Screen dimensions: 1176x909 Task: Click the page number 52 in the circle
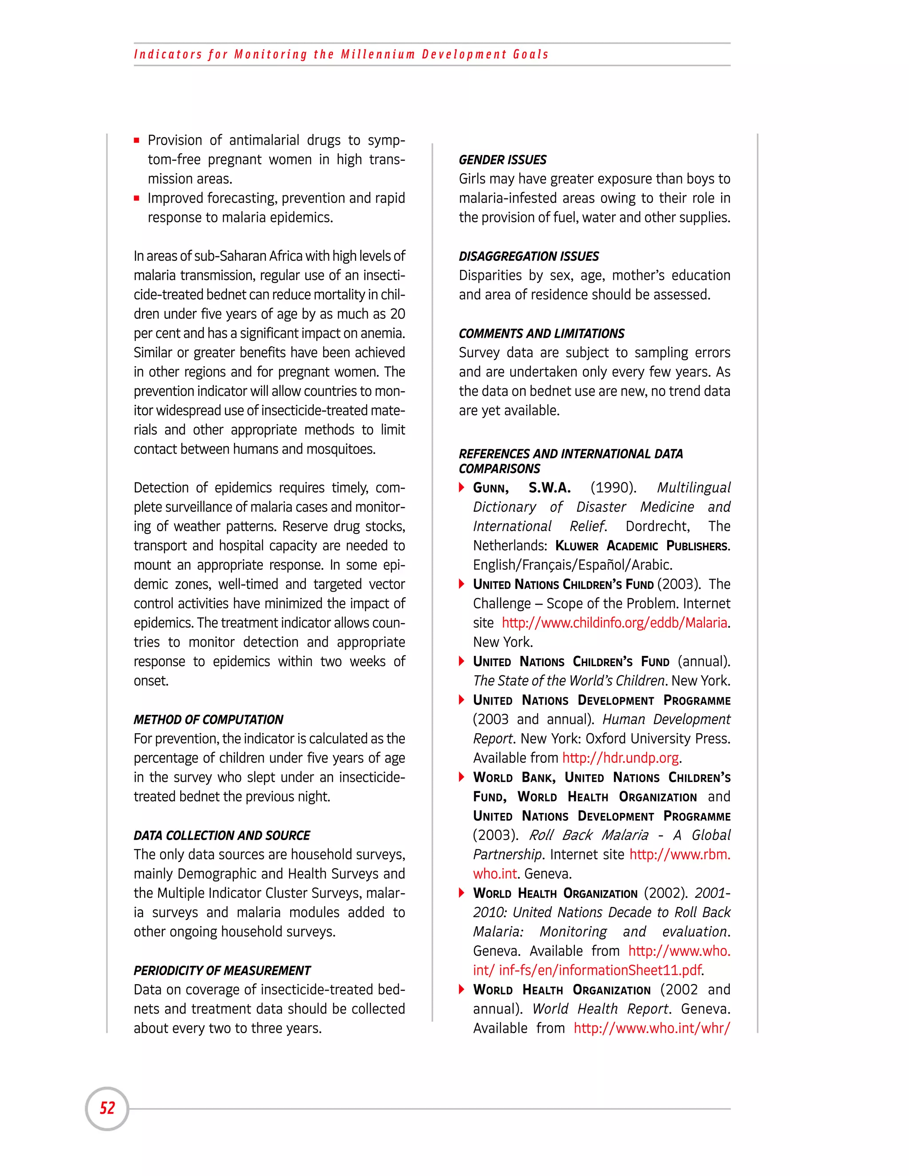[x=107, y=1108]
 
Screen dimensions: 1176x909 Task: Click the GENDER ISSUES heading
[x=502, y=160]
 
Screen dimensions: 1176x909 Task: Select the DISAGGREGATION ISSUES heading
[x=528, y=257]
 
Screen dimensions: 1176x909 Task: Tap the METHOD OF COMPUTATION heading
[x=209, y=719]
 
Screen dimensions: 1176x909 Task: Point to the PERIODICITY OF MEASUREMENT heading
[x=222, y=970]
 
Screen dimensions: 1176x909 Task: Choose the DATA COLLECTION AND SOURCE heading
[x=221, y=835]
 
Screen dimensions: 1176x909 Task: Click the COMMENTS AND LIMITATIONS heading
[x=541, y=333]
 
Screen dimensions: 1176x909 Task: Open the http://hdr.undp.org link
[x=620, y=758]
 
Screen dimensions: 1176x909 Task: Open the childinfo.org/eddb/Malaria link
[x=614, y=623]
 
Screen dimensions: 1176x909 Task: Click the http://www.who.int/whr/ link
[x=652, y=1029]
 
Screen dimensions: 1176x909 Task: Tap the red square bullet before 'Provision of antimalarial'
[x=137, y=141]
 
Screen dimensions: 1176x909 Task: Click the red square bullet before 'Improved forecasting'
[x=137, y=198]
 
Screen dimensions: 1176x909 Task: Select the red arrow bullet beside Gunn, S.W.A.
[x=462, y=487]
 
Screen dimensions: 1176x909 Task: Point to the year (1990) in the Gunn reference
[x=613, y=488]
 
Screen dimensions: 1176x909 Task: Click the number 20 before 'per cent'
[x=397, y=314]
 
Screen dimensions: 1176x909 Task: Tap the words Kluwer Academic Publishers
[x=642, y=546]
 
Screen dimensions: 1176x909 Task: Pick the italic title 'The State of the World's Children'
[x=569, y=681]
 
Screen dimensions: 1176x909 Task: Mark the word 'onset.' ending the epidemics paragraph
[x=151, y=681]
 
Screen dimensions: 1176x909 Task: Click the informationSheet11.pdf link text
[x=601, y=970]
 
